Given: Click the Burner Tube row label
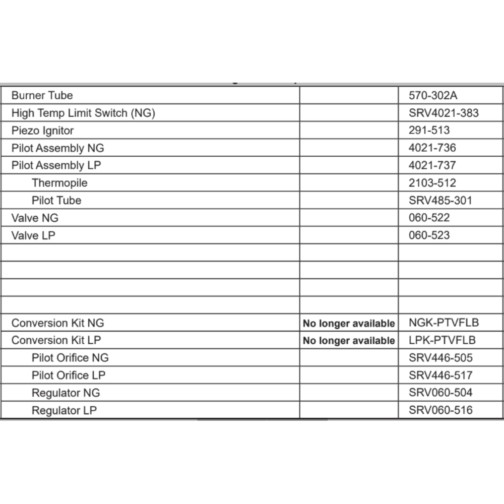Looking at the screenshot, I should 42,95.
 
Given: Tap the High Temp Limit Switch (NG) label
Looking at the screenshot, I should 83,113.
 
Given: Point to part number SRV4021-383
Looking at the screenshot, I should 444,113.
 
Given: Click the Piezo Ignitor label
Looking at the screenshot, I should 42,131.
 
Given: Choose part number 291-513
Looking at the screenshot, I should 429,131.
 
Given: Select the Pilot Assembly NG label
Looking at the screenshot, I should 57,148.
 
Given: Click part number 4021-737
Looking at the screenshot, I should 432,165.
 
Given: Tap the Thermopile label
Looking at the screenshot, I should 59,183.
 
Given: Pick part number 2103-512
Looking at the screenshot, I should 432,183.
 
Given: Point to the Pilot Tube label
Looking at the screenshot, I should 56,201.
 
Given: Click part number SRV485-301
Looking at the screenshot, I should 440,201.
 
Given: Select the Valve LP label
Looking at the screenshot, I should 33,235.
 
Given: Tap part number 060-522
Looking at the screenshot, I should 429,218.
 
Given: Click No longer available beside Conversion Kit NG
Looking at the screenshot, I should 349,324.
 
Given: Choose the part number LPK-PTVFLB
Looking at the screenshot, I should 442,340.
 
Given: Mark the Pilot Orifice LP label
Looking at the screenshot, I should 69,375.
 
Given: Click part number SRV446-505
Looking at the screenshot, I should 440,358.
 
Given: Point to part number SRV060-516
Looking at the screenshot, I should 440,410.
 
